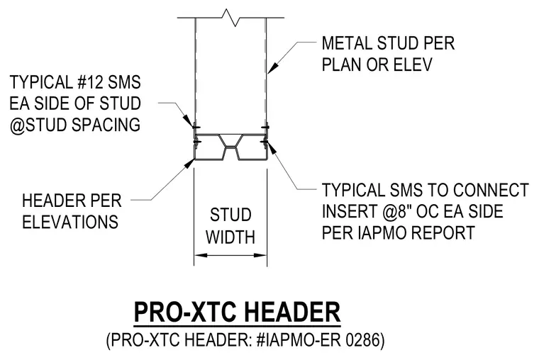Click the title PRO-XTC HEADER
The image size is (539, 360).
tap(237, 312)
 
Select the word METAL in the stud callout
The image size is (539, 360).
tap(347, 43)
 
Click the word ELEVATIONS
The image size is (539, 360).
tap(70, 222)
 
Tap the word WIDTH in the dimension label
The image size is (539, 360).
tap(230, 237)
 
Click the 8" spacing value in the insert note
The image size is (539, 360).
tap(405, 211)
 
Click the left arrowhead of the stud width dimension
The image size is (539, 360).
tap(201, 255)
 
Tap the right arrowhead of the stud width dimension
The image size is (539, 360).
tap(260, 255)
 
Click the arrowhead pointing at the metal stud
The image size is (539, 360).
tap(272, 68)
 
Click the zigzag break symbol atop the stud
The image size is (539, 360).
tap(231, 18)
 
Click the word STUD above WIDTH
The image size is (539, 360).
tap(230, 215)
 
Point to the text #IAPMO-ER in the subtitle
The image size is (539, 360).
tap(299, 340)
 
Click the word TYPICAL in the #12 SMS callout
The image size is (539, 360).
tap(40, 82)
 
